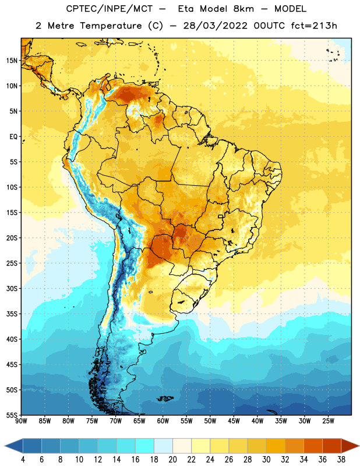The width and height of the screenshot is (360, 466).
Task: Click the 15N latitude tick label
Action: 12,61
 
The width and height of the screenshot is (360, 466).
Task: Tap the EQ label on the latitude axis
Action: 13,137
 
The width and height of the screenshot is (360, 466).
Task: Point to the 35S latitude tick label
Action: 12,314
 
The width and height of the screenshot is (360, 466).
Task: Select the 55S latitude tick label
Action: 12,415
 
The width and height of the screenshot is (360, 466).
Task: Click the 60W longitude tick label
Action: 163,421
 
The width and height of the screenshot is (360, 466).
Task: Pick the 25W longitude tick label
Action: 328,421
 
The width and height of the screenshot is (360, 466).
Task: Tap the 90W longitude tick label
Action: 21,421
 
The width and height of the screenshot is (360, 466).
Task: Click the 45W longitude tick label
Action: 234,421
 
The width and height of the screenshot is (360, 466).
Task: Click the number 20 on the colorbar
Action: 172,460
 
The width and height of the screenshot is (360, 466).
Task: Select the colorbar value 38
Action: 341,460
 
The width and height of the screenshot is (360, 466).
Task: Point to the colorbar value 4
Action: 23,460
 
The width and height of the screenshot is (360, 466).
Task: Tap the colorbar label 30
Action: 266,460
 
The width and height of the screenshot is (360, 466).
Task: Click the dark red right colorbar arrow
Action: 350,446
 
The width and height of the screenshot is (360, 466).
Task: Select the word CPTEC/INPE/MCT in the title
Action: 109,9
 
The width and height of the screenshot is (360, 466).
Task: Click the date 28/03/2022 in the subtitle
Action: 215,26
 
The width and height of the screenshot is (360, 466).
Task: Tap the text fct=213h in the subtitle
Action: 314,26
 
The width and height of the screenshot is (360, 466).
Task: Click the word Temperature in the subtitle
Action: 111,26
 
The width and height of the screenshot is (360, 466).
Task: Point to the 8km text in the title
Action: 243,9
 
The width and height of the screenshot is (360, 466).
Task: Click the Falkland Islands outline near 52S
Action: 165,398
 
